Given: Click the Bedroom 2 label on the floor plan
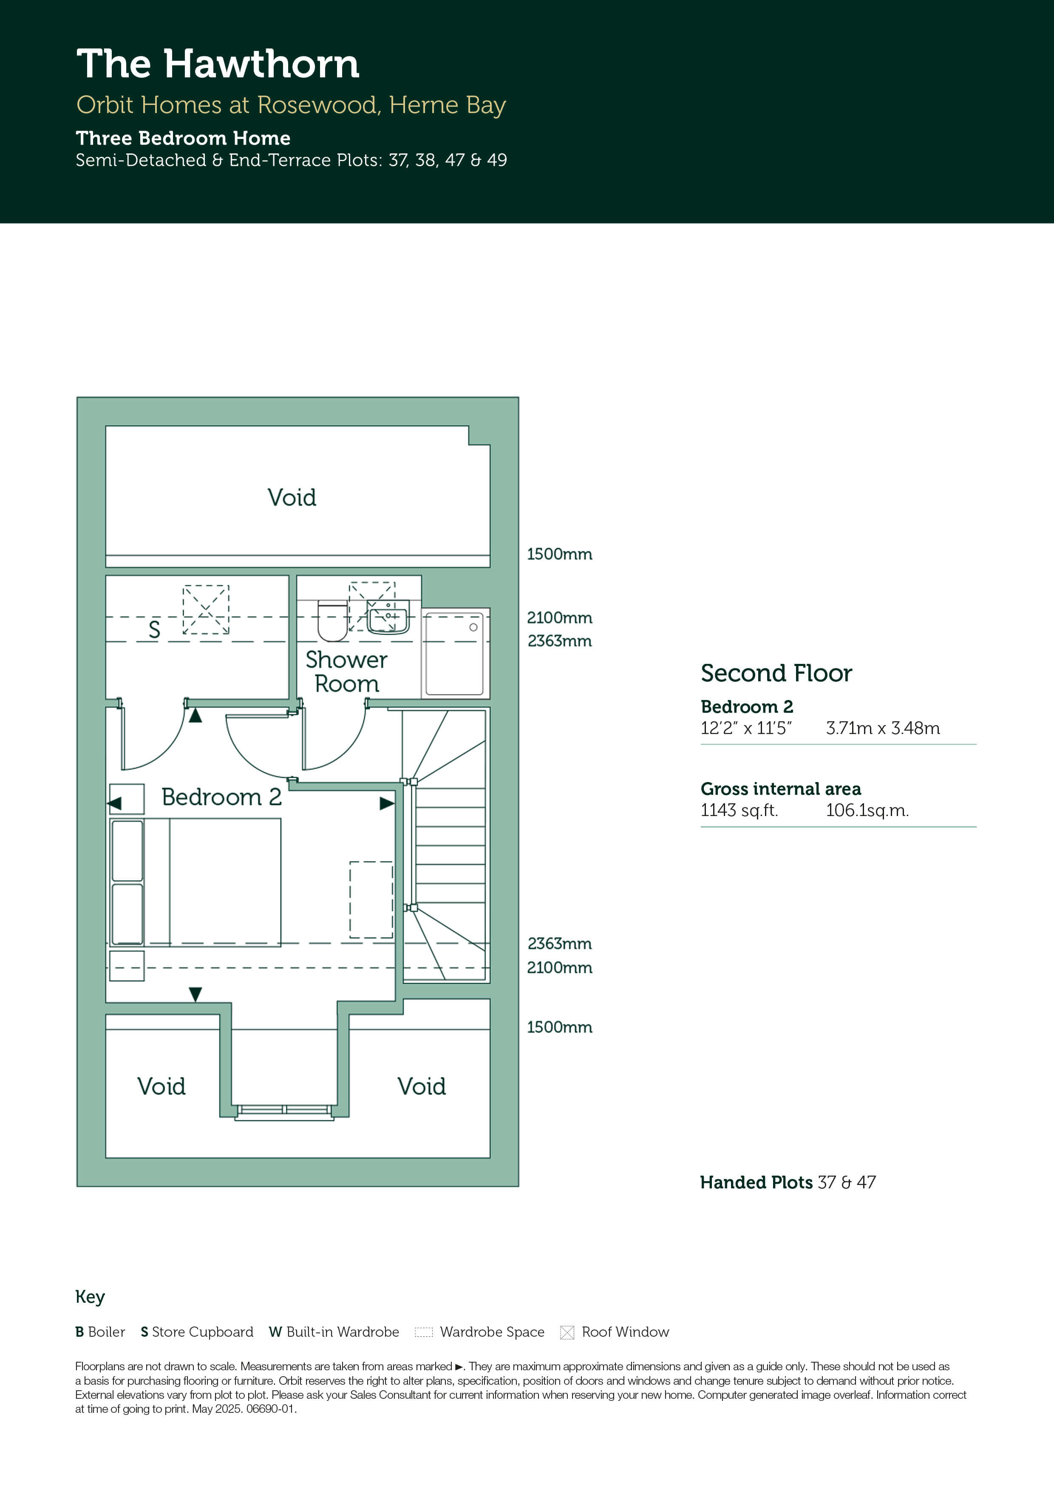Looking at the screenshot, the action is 221,797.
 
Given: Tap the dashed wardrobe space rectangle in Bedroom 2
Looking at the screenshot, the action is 371,899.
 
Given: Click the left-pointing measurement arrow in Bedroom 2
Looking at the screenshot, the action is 115,803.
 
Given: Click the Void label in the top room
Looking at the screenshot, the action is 292,497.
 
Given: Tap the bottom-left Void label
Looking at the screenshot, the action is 161,1086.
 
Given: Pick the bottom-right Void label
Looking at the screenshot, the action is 422,1086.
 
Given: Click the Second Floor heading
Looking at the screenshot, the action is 776,673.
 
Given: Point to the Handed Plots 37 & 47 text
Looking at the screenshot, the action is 788,1182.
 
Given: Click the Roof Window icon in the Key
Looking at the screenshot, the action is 567,1332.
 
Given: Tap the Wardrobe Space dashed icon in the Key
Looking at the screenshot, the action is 423,1332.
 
